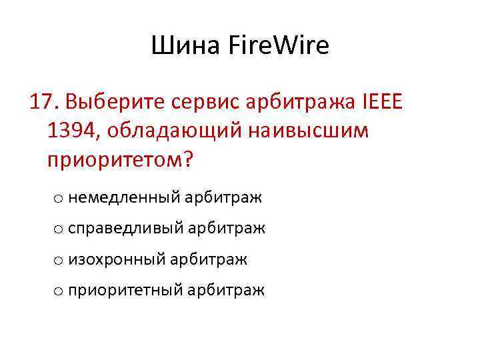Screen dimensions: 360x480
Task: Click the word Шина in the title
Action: (182, 46)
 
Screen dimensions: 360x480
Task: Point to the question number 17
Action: (44, 103)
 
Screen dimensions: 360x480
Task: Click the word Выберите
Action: (117, 103)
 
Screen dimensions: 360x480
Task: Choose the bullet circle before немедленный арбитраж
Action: (59, 198)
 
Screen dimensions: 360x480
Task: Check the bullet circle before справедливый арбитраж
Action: (59, 229)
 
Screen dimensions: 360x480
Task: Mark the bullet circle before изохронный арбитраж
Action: (59, 259)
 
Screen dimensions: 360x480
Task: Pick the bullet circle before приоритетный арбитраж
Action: (59, 290)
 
